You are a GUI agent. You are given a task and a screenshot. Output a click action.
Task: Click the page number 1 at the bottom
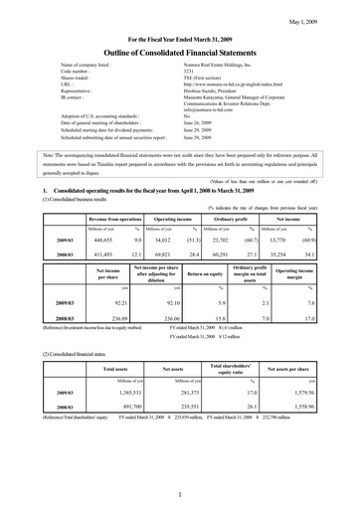tap(180, 494)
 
